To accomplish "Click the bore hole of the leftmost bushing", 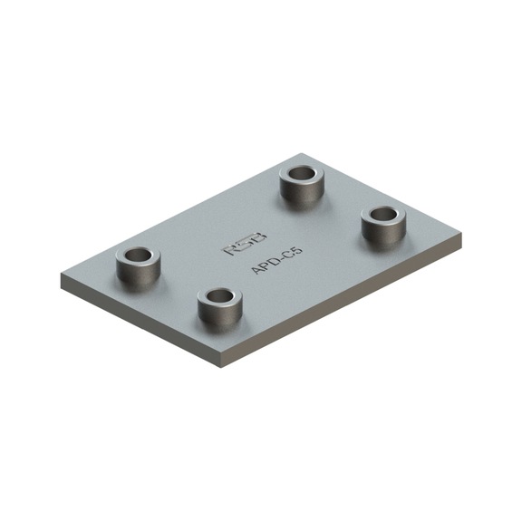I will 138,255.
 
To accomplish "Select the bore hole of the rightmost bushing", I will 383,215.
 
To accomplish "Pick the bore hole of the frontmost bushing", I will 219,295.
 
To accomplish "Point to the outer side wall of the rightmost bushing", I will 383,235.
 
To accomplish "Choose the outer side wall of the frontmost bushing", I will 219,314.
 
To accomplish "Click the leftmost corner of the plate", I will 63,278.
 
